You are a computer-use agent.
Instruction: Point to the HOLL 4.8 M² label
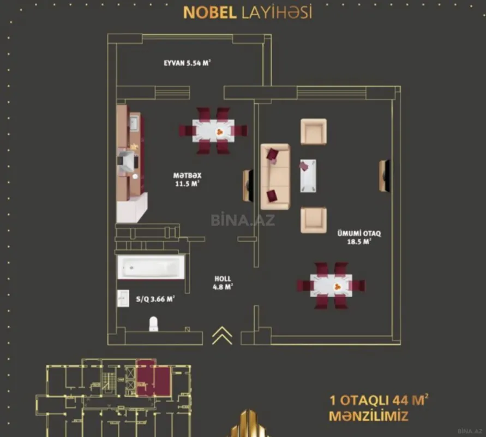[x=223, y=282]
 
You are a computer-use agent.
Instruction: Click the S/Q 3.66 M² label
[x=155, y=299]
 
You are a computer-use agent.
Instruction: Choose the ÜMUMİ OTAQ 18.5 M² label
[x=358, y=237]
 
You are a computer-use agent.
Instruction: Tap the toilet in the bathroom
[x=153, y=324]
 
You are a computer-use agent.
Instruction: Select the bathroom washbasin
[x=123, y=299]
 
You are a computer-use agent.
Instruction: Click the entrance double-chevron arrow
[x=222, y=335]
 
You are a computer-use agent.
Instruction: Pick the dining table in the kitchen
[x=213, y=131]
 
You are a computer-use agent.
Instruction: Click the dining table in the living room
[x=331, y=286]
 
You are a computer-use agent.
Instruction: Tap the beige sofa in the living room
[x=275, y=176]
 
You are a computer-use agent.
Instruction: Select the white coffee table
[x=308, y=175]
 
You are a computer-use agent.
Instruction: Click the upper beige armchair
[x=314, y=132]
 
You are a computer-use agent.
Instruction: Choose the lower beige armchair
[x=314, y=220]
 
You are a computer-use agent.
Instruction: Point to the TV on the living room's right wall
[x=385, y=176]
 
